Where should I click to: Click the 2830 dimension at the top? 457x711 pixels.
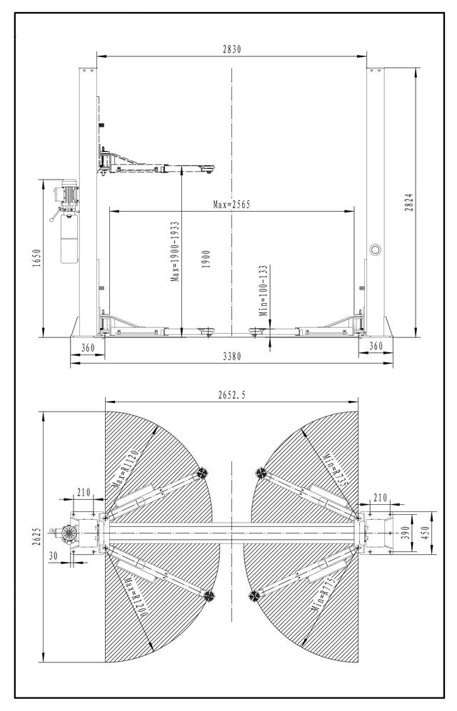click(x=231, y=49)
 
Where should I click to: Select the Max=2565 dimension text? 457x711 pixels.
click(x=231, y=205)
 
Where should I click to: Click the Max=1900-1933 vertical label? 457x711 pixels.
click(x=175, y=252)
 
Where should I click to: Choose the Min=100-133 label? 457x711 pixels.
click(x=263, y=291)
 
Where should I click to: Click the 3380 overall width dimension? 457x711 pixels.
click(x=231, y=357)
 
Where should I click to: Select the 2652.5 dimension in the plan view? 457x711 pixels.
click(x=231, y=395)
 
